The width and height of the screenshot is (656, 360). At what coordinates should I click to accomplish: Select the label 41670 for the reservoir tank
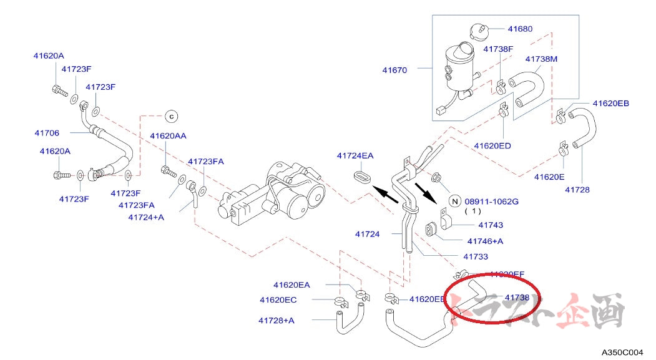coord(394,70)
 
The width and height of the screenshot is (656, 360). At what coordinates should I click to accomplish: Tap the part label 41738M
coord(541,59)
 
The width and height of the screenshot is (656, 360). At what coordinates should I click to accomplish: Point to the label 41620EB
coord(610,103)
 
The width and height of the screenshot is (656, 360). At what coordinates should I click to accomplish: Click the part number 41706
coord(46,132)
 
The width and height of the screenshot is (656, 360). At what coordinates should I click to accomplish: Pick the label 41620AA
coord(167,135)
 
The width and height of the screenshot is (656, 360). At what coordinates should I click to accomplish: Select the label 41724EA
coord(355,155)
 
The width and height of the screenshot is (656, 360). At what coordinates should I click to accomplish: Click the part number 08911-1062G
coord(491,202)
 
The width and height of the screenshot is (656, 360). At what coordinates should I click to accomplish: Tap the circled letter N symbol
coord(455,201)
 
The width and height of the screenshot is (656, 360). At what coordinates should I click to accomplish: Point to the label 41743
coord(491,225)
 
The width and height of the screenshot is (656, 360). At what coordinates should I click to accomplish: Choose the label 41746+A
coord(485,241)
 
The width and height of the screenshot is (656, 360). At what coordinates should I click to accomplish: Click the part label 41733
coord(476,256)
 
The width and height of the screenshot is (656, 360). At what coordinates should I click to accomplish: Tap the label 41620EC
coord(278,299)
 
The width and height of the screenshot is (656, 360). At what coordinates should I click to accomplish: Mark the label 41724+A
coord(145,217)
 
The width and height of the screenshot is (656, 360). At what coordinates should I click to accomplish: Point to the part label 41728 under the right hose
coord(577,190)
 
